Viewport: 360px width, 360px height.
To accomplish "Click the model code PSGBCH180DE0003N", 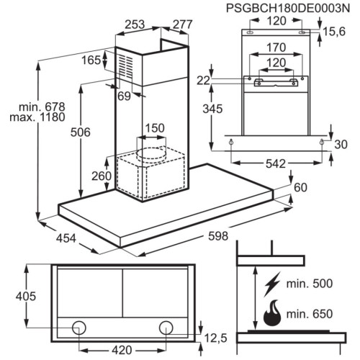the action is [288, 8].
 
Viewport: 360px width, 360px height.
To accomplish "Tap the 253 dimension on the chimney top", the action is [135, 24].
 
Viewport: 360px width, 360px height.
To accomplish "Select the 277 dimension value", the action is [183, 24].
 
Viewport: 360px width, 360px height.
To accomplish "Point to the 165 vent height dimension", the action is [91, 60].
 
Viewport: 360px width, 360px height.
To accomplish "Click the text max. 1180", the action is [37, 117].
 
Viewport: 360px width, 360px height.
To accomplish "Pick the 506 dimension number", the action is [81, 132].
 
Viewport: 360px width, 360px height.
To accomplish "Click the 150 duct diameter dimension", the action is [155, 128].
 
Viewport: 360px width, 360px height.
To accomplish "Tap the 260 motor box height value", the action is [102, 176].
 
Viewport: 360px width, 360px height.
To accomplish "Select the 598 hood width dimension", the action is [218, 236].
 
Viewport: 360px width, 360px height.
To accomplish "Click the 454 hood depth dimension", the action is [66, 238].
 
